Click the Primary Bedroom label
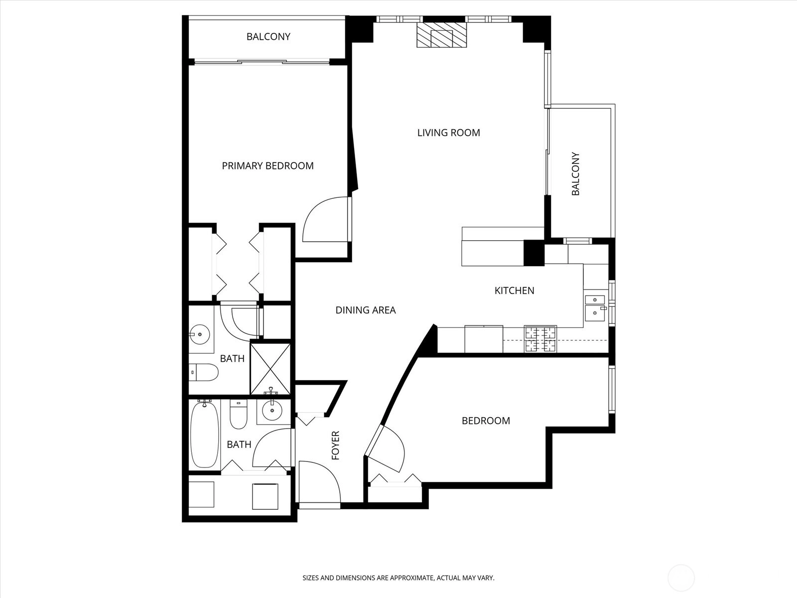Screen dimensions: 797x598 point(267,166)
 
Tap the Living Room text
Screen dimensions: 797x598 point(448,133)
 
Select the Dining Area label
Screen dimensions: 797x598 point(365,310)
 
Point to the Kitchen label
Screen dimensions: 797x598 point(514,291)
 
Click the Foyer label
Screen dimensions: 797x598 point(336,446)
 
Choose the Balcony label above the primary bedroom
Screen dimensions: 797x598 point(268,37)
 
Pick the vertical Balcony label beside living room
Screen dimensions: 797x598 point(575,173)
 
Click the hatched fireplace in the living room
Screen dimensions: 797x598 point(441,35)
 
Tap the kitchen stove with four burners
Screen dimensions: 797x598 point(540,339)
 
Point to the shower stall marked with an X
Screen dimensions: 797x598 point(270,369)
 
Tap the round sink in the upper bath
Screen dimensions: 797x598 point(199,333)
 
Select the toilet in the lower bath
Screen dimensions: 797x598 point(239,414)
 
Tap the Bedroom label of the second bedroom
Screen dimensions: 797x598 point(486,421)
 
